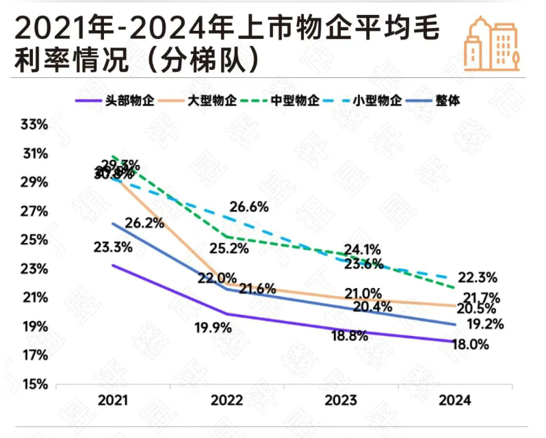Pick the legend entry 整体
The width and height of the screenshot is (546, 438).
pos(448,101)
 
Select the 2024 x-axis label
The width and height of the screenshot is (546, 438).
pos(454,400)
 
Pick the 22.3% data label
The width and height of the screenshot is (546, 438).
pos(478,277)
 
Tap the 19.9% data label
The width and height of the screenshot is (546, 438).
pos(212,328)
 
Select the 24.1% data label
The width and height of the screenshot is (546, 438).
pos(362,250)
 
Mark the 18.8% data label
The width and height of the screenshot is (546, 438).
pos(350,336)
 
